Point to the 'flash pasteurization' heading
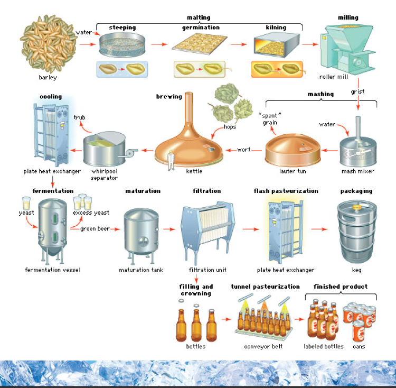click(x=286, y=191)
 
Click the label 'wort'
click(x=244, y=150)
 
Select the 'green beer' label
click(x=95, y=229)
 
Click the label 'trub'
click(x=80, y=117)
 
